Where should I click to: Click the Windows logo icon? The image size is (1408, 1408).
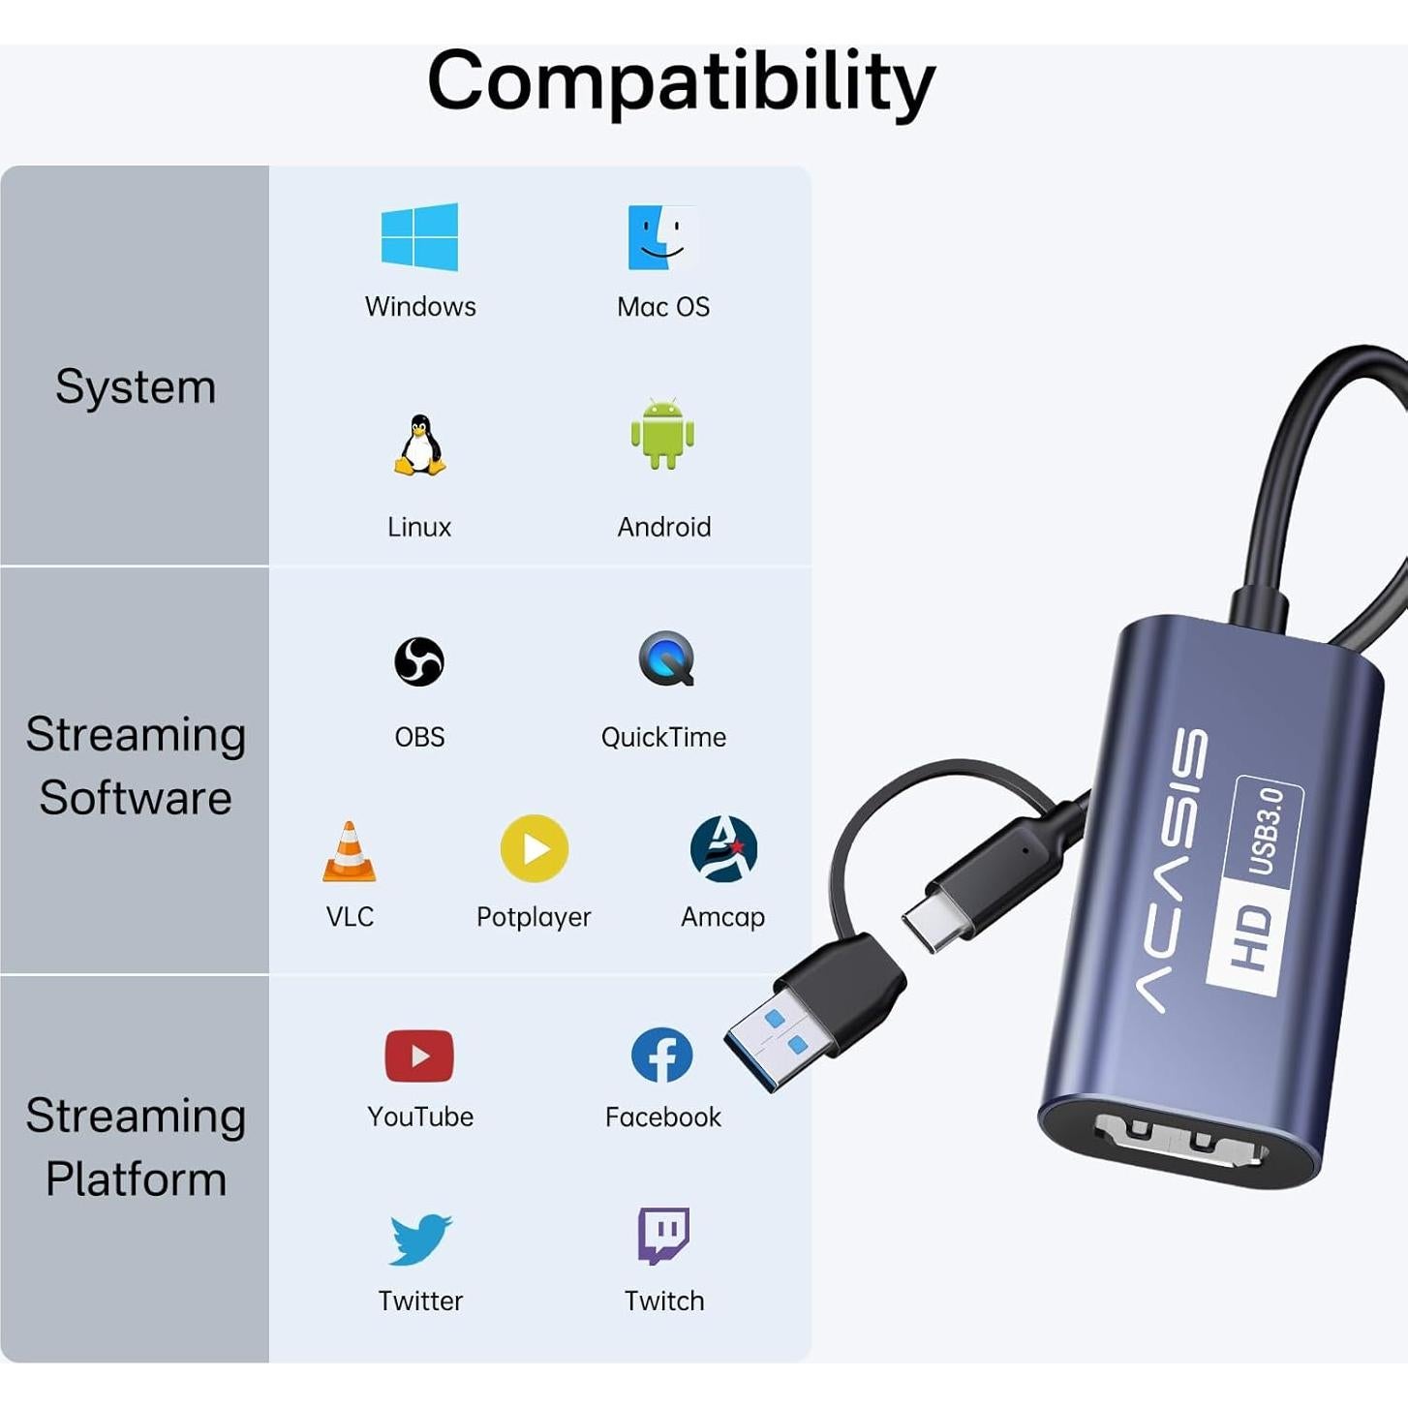(x=419, y=236)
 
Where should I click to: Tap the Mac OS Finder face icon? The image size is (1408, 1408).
(x=662, y=237)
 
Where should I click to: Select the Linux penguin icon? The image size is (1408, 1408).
(x=419, y=445)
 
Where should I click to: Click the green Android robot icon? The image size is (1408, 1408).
(x=662, y=435)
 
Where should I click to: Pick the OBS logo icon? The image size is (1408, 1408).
(x=419, y=661)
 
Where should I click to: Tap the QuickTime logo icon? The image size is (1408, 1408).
(x=666, y=658)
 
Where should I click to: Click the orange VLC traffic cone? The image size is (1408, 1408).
(x=349, y=851)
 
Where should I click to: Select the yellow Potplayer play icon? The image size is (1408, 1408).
(x=534, y=848)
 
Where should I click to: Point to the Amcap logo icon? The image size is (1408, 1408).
(x=723, y=849)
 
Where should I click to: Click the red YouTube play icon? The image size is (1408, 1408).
(x=419, y=1056)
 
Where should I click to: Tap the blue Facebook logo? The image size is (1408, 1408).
(x=662, y=1056)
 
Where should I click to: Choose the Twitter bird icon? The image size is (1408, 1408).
(x=420, y=1239)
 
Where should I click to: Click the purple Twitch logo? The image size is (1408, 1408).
(x=663, y=1235)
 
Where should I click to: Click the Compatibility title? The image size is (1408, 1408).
(x=681, y=81)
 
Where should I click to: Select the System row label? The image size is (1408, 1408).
(x=136, y=387)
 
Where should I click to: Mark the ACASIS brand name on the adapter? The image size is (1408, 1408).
(x=1172, y=871)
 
